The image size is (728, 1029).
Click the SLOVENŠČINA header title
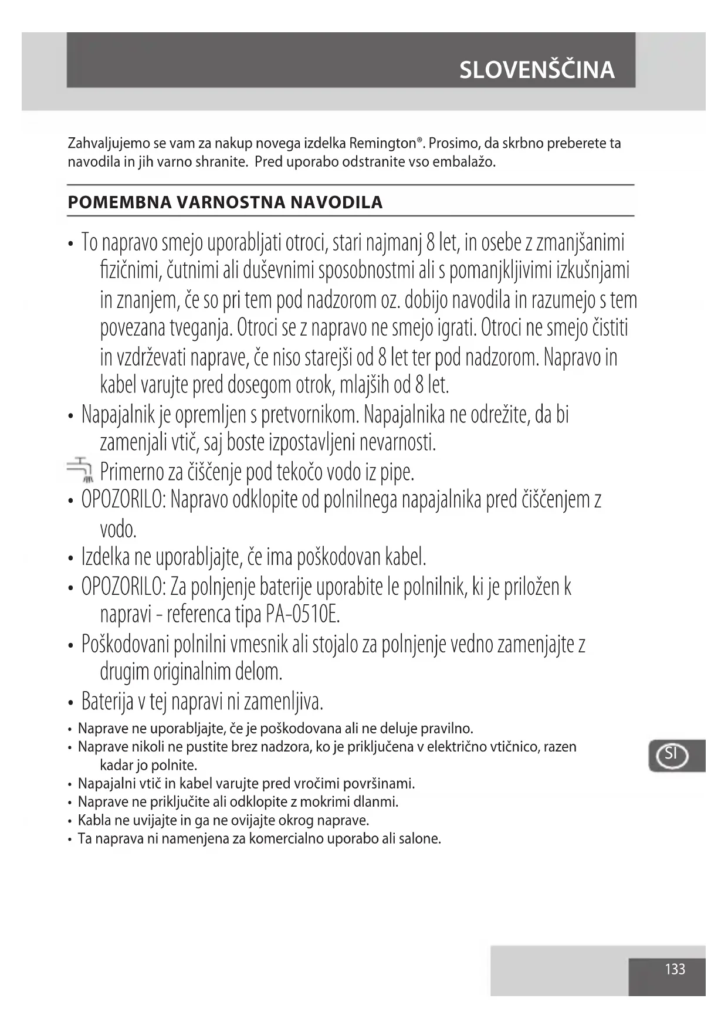(537, 70)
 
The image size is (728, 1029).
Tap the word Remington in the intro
(382, 144)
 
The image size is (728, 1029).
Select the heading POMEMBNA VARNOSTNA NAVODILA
(225, 202)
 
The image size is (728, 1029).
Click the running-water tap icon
(80, 469)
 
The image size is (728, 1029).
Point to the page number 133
(675, 969)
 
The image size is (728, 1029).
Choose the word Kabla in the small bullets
(94, 820)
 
